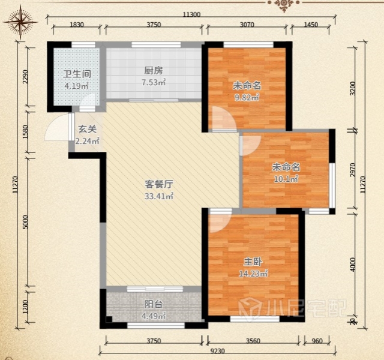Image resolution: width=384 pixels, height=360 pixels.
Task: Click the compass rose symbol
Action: tap(20, 23)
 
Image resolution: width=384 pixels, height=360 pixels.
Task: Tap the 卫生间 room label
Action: tap(77, 74)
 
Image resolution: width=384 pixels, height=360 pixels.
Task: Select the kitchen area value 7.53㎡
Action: tap(154, 82)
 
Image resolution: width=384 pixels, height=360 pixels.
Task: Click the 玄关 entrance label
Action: tap(88, 129)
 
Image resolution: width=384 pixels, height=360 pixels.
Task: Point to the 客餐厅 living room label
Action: tap(159, 184)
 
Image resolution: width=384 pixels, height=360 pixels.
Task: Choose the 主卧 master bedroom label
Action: tap(253, 262)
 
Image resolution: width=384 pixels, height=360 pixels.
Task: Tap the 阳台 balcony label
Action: tap(154, 304)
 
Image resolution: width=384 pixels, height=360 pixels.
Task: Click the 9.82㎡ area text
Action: tap(247, 98)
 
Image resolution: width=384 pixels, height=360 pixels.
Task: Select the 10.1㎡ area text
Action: tap(286, 179)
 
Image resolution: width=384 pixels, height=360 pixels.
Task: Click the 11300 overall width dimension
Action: tap(191, 14)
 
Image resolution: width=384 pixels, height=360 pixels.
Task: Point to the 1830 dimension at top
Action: tap(77, 25)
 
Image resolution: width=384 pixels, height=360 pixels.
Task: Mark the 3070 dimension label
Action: tap(247, 25)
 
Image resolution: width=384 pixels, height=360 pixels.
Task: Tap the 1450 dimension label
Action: tap(311, 25)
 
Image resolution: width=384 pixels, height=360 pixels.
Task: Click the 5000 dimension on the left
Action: tap(26, 222)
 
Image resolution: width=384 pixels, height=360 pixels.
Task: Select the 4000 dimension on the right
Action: tap(353, 264)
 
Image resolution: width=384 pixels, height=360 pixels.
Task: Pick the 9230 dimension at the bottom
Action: tap(218, 351)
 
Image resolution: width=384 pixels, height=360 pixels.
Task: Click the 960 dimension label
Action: tap(317, 341)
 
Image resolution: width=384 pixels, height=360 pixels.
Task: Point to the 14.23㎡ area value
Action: tap(253, 274)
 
